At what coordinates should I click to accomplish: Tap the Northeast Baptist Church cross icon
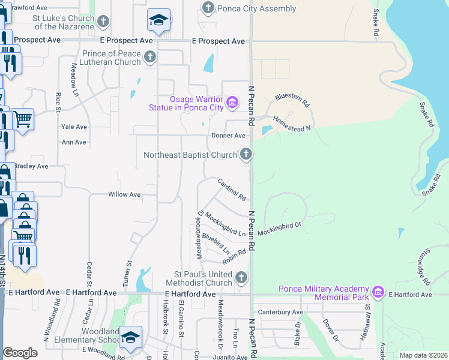tap(246, 155)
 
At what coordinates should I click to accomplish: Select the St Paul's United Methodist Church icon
tap(241, 277)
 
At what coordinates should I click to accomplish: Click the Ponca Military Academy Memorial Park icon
tap(378, 292)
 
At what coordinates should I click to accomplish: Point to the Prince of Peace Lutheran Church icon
tap(149, 58)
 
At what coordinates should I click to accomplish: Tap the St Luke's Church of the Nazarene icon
tap(103, 22)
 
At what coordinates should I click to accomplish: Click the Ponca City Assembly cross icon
tap(208, 8)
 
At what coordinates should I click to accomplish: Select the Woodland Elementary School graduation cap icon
tap(130, 337)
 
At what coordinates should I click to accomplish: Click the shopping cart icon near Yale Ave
tap(23, 118)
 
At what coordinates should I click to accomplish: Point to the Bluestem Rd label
tap(292, 97)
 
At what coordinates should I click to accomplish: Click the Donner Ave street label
tap(228, 136)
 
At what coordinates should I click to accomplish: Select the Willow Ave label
tap(124, 194)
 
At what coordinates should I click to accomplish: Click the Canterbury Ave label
tap(280, 312)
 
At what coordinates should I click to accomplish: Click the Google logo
tap(20, 353)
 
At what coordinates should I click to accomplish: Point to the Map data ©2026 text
tap(423, 355)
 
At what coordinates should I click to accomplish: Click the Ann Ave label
tap(74, 142)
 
